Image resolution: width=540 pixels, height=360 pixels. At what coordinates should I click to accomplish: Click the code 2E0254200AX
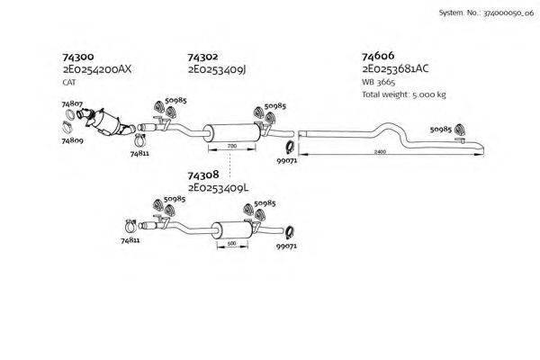(97, 68)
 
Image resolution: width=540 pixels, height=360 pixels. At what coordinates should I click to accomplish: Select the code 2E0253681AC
(395, 68)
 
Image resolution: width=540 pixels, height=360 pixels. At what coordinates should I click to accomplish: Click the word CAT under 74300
(69, 82)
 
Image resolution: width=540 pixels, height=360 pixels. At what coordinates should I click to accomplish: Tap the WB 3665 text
(377, 82)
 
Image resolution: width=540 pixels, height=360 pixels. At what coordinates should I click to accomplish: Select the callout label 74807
(72, 105)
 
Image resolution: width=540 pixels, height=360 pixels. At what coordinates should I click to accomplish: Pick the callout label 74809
(72, 141)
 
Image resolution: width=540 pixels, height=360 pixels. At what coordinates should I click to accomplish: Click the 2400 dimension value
(380, 151)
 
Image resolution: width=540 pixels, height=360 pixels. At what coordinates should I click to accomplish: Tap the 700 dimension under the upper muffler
(231, 146)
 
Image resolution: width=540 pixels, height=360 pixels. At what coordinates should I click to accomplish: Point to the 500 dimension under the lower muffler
(230, 243)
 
